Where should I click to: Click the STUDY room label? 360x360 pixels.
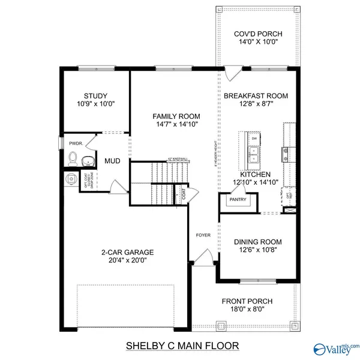[95, 95]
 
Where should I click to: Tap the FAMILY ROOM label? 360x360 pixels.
[176, 116]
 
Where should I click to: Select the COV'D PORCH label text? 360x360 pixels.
[258, 34]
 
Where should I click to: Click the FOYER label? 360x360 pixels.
[202, 235]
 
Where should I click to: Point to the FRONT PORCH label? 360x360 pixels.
[247, 301]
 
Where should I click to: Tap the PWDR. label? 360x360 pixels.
[76, 143]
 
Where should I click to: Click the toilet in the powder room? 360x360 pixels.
[73, 158]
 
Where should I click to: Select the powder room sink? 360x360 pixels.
[89, 160]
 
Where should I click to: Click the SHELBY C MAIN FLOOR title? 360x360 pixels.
[182, 346]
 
